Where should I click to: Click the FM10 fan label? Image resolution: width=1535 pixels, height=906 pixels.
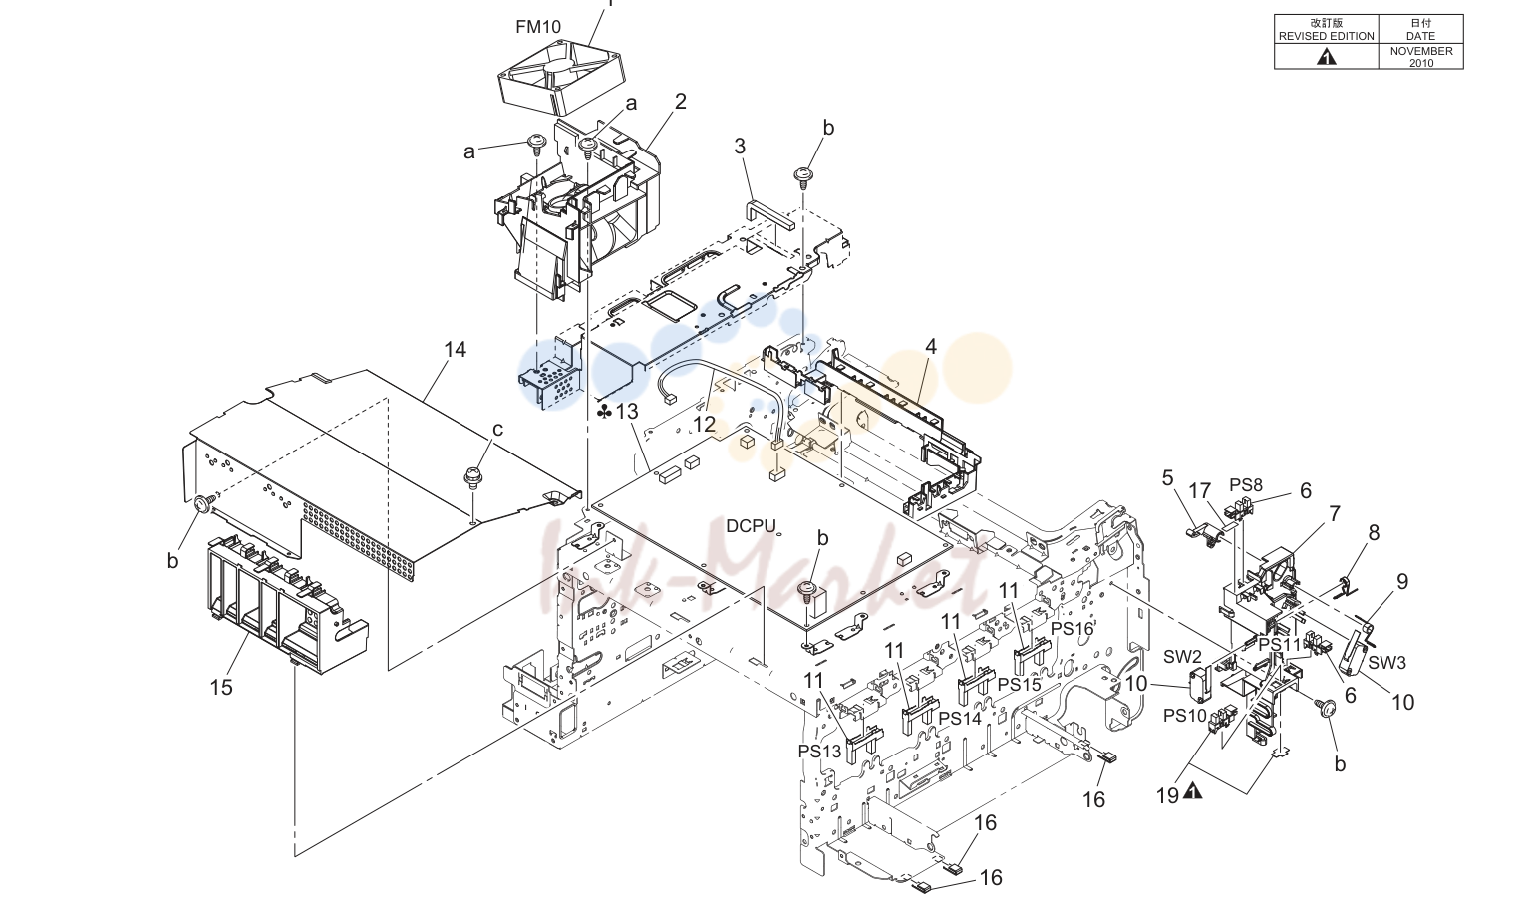(538, 27)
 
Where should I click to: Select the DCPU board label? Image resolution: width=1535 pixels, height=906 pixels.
(751, 525)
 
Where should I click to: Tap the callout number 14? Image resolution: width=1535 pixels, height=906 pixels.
(455, 350)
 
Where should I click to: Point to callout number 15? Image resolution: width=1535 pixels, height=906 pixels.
(221, 687)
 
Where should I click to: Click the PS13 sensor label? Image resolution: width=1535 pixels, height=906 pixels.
(819, 751)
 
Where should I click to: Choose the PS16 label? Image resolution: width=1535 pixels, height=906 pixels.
(1073, 629)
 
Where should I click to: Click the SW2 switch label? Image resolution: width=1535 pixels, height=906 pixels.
(1183, 657)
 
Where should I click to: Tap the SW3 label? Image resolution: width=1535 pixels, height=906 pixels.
(1387, 663)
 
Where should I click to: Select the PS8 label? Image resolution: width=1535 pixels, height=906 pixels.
(1246, 485)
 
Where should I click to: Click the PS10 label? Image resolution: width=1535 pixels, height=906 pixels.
(1185, 716)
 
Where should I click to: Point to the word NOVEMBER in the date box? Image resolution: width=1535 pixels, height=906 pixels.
(1421, 51)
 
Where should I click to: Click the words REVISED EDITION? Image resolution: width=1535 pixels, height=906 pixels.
(1327, 36)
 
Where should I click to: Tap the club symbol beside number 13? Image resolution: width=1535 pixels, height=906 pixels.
(604, 412)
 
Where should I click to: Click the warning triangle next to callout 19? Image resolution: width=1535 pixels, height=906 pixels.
(1193, 791)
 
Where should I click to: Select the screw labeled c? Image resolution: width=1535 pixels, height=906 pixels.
(472, 475)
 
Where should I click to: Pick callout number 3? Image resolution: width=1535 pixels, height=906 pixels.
(740, 146)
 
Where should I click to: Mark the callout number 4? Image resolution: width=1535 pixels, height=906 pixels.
(931, 347)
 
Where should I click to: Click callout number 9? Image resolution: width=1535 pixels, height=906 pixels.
(1402, 582)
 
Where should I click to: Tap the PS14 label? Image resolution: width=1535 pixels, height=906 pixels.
(960, 718)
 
